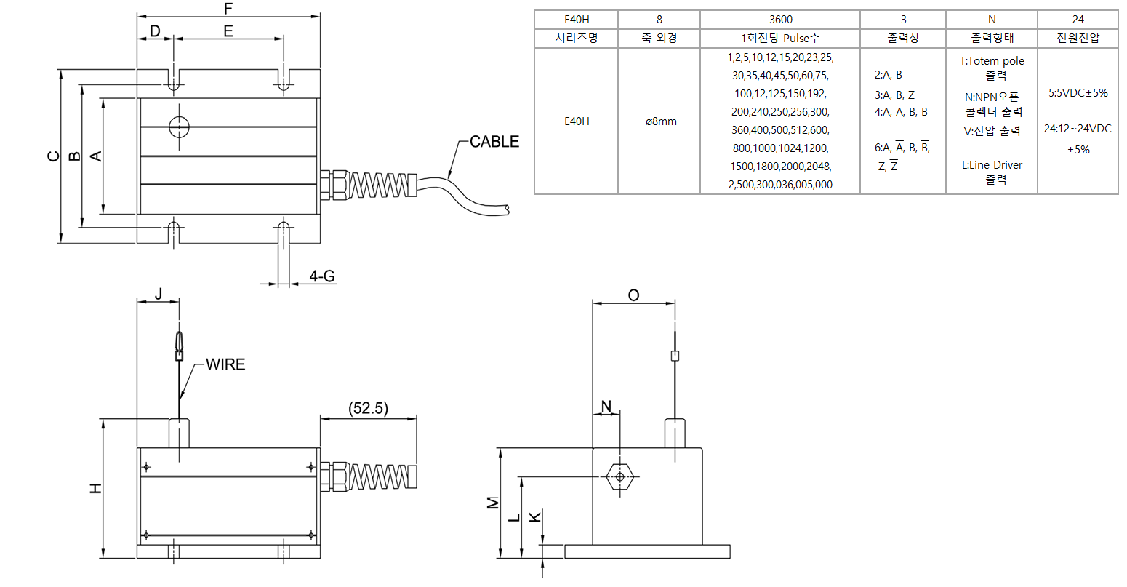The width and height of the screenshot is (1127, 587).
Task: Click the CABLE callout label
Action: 494,141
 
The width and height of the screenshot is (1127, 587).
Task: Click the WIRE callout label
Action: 225,364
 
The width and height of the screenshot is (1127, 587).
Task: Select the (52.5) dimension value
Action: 369,408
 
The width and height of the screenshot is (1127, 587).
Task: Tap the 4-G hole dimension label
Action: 322,276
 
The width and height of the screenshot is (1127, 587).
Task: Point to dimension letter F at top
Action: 228,9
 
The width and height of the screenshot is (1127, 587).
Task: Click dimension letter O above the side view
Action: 633,295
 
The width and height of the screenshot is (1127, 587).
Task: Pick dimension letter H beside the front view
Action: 95,488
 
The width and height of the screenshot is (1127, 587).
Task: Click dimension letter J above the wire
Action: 159,294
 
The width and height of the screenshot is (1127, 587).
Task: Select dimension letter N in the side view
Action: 606,406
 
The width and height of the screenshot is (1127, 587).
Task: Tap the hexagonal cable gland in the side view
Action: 619,476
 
